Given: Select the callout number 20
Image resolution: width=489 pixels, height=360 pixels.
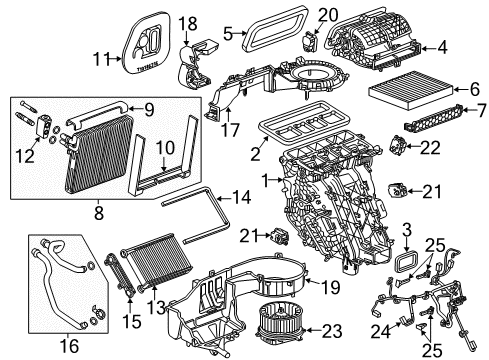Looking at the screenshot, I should (x=326, y=15).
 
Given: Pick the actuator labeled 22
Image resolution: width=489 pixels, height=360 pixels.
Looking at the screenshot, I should (x=402, y=147).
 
